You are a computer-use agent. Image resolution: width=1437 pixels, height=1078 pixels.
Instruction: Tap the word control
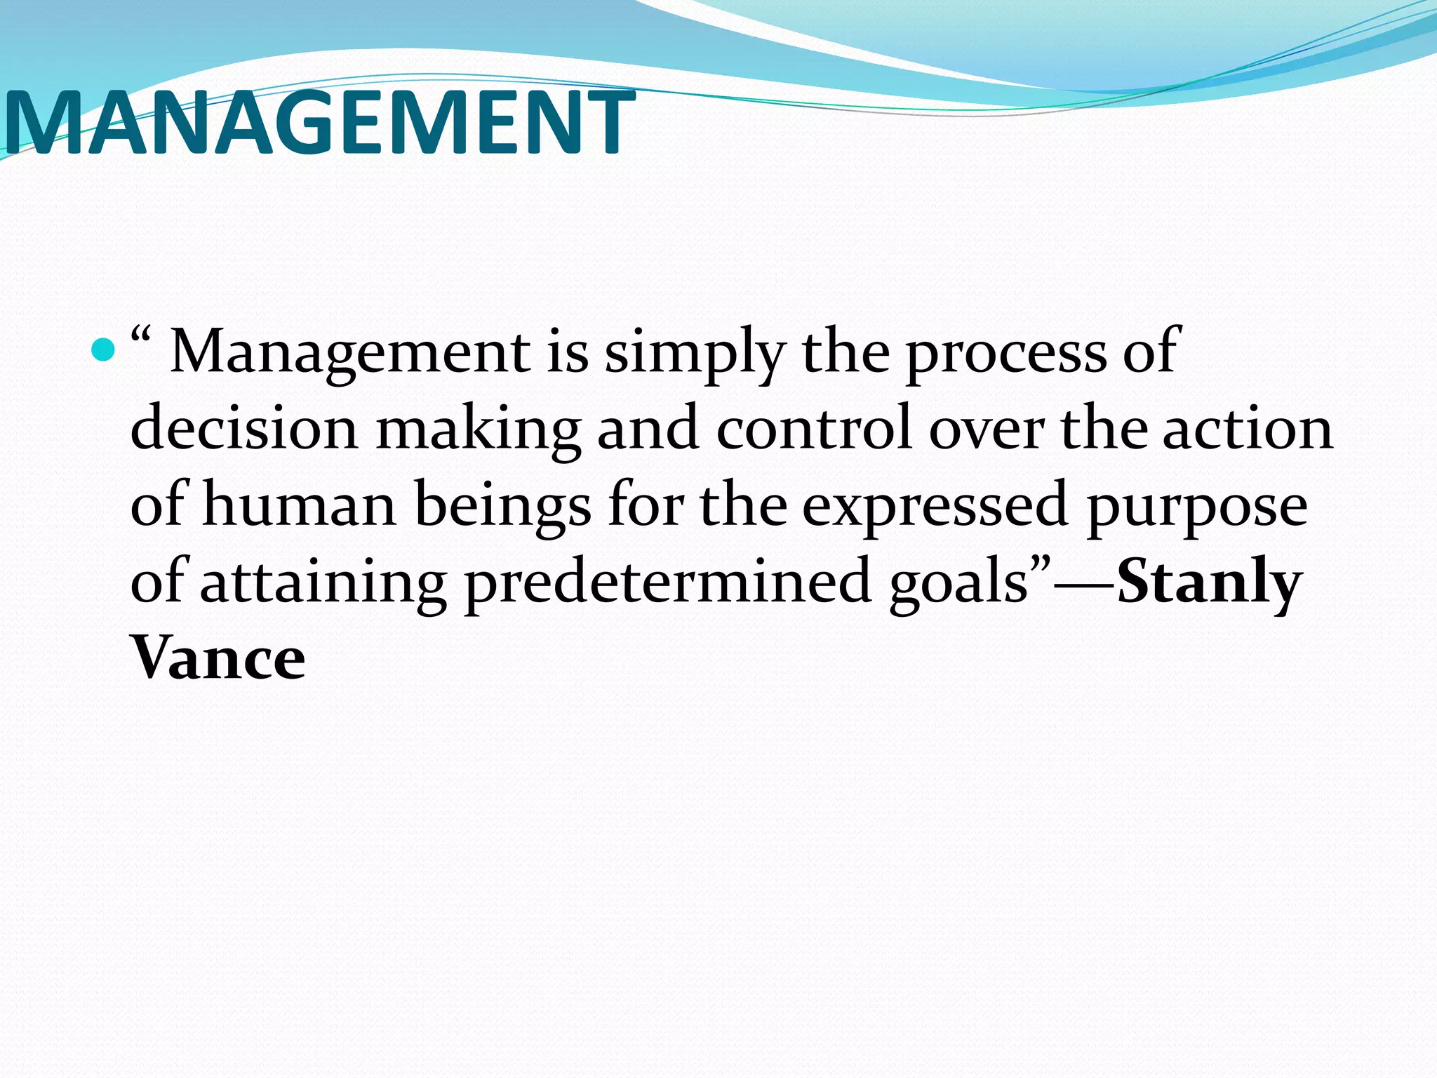[814, 428]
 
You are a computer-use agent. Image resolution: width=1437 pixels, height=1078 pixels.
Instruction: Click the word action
[1247, 428]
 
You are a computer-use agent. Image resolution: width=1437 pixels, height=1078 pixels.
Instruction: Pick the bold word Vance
[218, 658]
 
